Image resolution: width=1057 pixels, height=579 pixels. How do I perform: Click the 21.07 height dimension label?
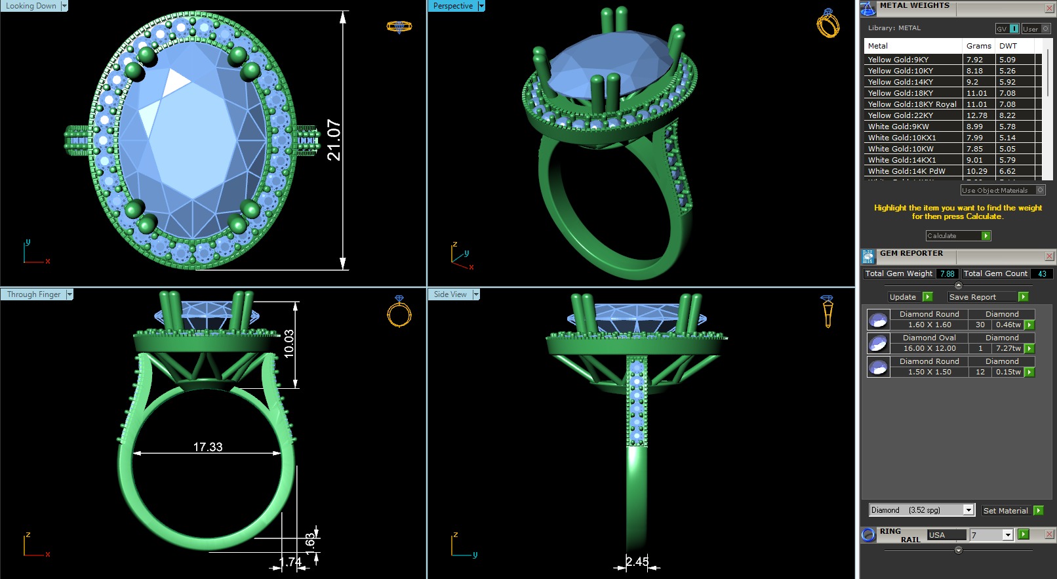[x=334, y=140]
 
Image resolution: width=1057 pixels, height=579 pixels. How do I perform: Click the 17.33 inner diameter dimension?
[x=208, y=447]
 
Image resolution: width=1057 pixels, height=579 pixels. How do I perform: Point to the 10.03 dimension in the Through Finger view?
[x=289, y=344]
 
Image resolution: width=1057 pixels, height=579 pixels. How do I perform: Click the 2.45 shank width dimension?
[x=637, y=561]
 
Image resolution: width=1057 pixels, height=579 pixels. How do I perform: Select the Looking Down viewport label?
[x=31, y=6]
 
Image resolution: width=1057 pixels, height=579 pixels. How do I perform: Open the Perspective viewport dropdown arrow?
[x=481, y=6]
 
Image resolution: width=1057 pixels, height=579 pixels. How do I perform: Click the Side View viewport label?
[x=450, y=294]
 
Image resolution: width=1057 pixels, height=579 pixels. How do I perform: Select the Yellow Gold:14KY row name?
[x=900, y=82]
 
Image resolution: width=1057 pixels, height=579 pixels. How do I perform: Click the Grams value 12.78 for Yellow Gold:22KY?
[x=976, y=115]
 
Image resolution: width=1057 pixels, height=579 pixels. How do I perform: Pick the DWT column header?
[x=1008, y=46]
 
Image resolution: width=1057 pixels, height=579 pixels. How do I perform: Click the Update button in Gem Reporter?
[x=903, y=297]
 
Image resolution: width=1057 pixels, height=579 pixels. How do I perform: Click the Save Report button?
[x=972, y=297]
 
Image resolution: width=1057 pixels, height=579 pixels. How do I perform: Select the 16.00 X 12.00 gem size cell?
[x=929, y=348]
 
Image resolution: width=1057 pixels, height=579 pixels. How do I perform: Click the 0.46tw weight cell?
[x=1008, y=325]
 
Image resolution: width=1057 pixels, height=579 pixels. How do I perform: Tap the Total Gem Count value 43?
[x=1041, y=274]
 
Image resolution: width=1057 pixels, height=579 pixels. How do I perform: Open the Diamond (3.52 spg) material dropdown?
[x=968, y=510]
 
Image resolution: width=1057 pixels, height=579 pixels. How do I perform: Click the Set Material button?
[x=1005, y=511]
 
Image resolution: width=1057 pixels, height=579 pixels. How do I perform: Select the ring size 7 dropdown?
[x=1007, y=535]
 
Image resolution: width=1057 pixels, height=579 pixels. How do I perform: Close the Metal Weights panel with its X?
[x=1049, y=8]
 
